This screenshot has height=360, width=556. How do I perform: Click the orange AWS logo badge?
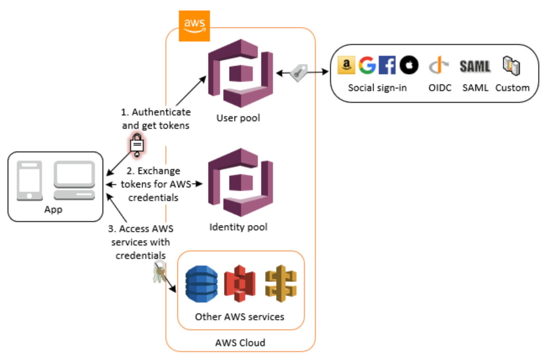194,26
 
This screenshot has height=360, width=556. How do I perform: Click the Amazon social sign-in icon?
346,65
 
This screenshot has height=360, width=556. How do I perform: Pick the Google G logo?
367,65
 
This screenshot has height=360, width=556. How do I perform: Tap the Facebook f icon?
387,65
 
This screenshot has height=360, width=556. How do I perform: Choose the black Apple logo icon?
409,65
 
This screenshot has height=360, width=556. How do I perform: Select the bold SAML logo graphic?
475,66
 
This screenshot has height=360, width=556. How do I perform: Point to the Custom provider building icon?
511,66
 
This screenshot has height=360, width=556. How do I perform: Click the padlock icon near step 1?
137,145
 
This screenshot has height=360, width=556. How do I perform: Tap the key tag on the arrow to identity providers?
299,73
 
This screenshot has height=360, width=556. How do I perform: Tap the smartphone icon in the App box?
29,181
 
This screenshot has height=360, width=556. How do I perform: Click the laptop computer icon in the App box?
74,181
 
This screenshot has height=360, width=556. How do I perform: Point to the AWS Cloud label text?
240,343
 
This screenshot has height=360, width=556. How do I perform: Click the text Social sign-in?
377,88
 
